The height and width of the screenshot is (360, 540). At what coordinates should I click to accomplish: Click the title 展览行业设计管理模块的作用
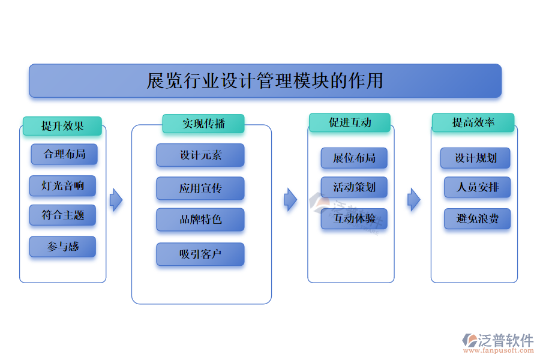click(265, 80)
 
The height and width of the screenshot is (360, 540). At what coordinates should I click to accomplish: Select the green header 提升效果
click(62, 126)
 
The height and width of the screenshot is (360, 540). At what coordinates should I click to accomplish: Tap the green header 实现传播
click(203, 124)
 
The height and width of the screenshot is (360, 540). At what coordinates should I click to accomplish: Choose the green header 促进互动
click(350, 122)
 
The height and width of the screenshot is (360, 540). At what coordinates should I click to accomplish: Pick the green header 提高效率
click(473, 122)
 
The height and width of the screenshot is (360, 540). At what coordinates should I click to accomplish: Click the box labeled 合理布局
click(64, 154)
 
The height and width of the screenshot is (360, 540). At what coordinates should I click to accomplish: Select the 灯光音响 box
click(62, 186)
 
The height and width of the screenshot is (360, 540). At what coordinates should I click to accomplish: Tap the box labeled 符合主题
click(62, 215)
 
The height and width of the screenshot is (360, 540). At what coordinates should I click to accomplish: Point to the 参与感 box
click(62, 247)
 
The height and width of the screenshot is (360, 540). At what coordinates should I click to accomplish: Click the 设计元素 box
click(200, 155)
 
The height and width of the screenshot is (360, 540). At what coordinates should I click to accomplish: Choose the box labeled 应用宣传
click(200, 188)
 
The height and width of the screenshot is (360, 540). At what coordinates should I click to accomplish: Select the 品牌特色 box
click(200, 220)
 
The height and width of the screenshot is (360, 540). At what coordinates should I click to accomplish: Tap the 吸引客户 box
click(200, 254)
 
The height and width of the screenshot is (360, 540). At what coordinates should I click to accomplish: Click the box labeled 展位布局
click(354, 158)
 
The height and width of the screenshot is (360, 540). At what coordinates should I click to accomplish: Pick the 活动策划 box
click(354, 187)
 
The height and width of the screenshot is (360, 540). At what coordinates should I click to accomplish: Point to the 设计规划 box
click(475, 158)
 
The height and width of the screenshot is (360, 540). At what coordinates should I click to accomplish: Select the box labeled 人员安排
click(477, 187)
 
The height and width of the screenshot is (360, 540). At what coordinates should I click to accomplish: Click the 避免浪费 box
click(477, 218)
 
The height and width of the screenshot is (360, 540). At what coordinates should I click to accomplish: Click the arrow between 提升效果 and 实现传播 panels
click(116, 200)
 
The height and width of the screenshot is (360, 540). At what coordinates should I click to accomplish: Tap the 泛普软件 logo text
click(506, 340)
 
